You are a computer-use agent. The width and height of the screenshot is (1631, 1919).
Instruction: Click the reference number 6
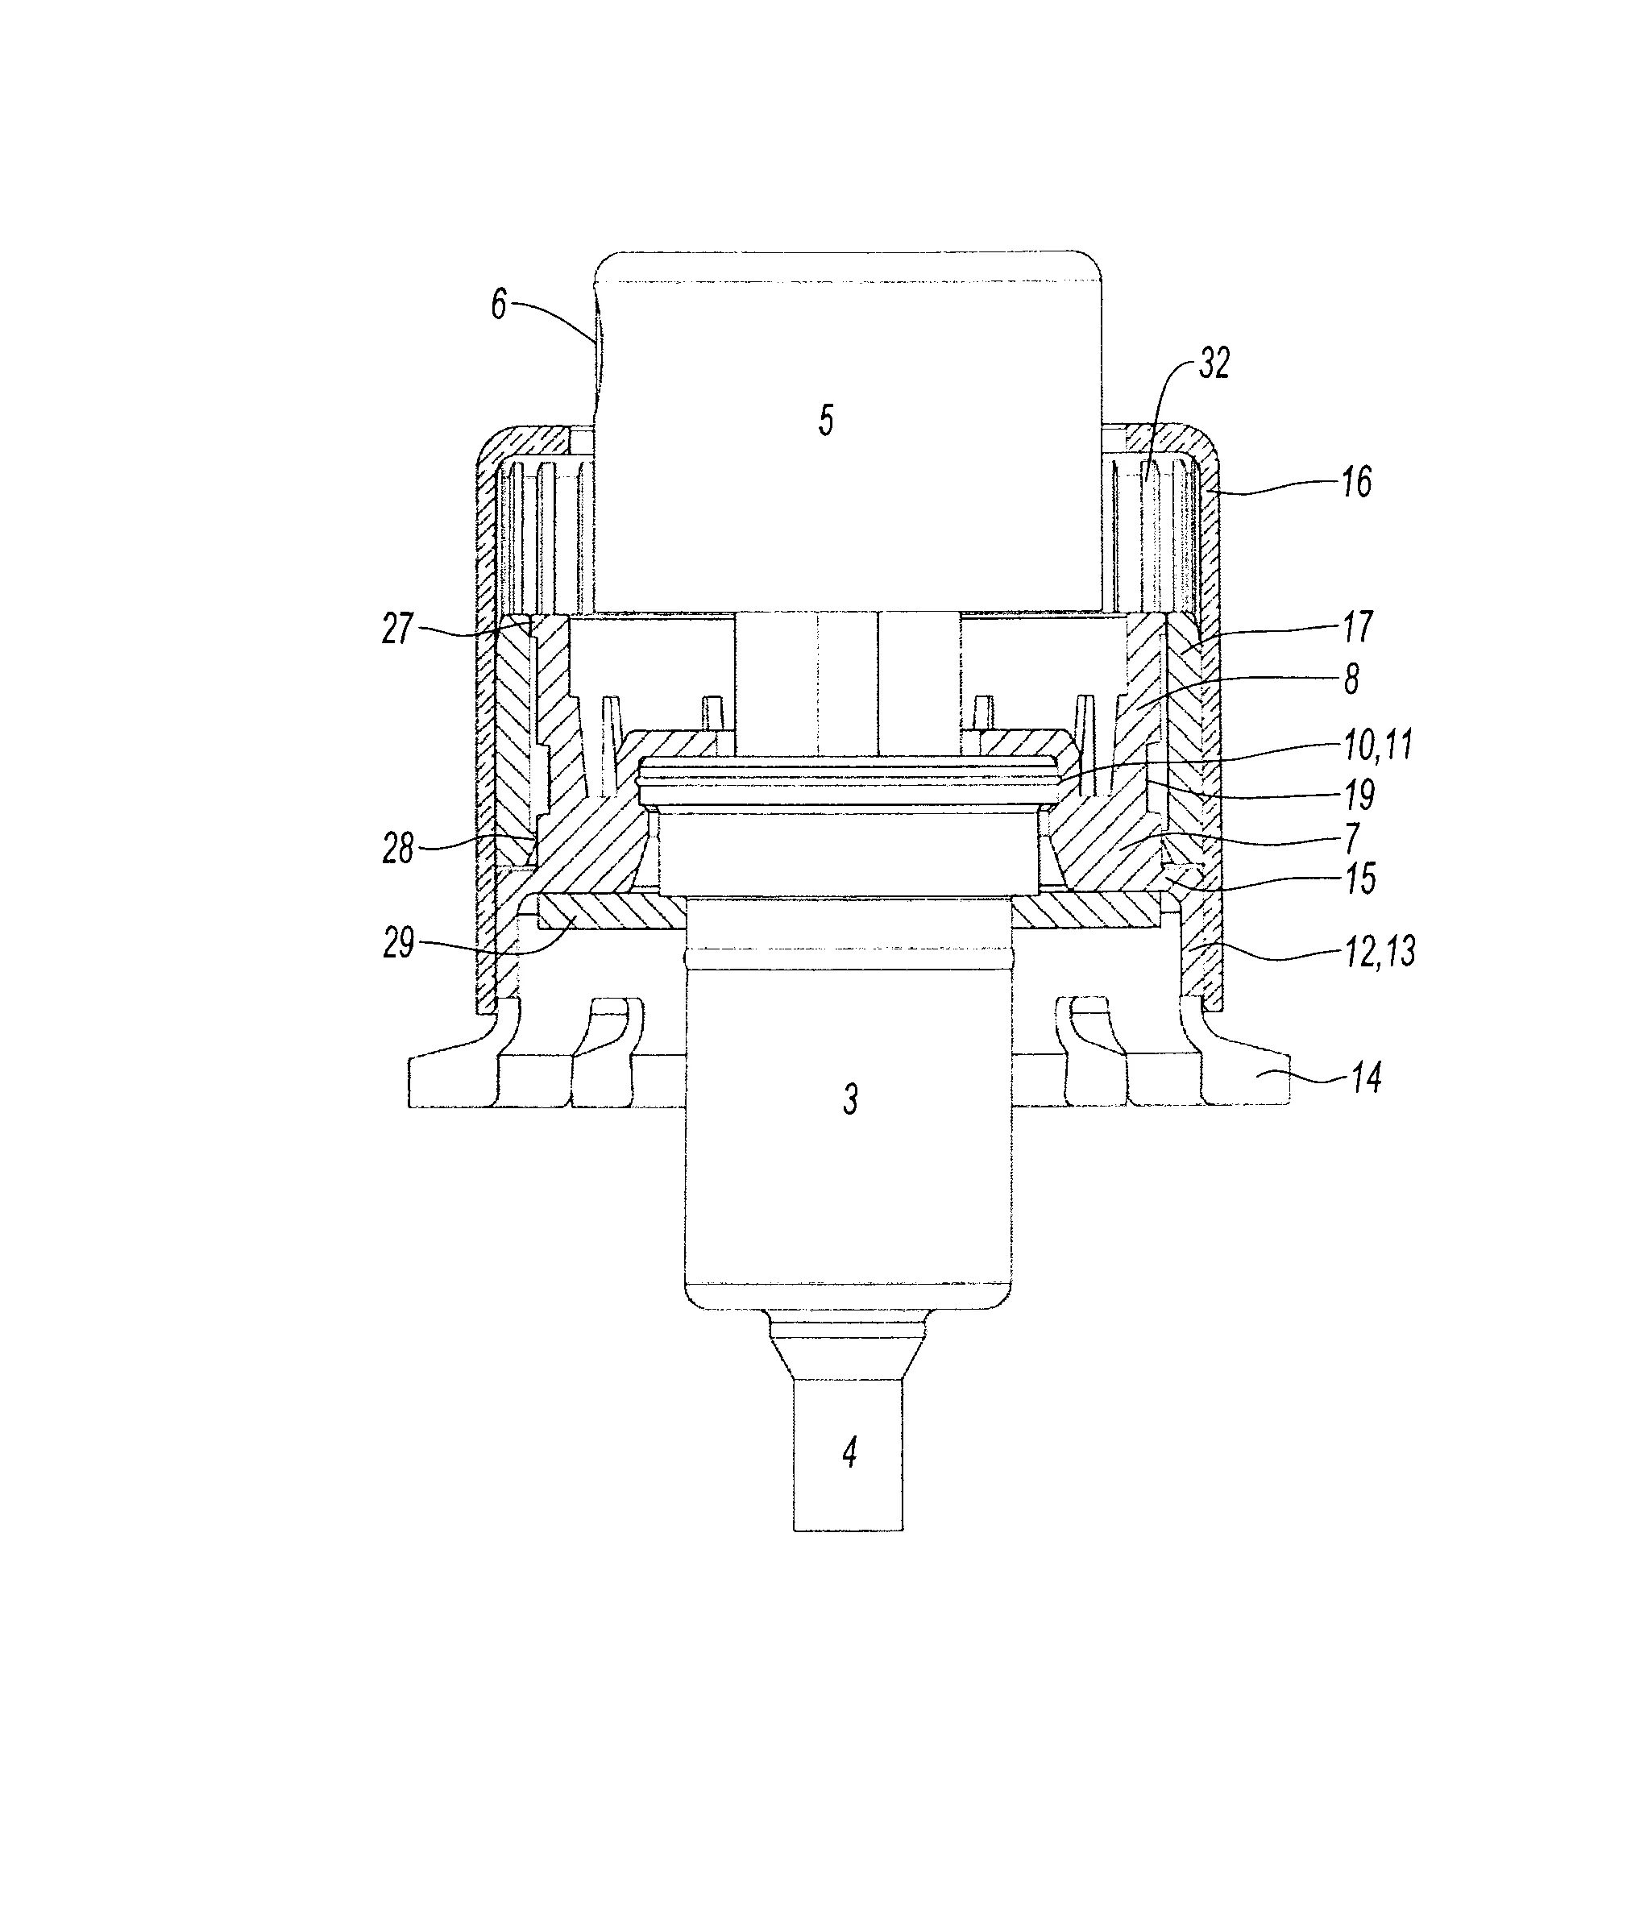click(x=500, y=305)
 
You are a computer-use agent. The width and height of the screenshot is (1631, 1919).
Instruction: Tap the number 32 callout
click(x=1214, y=364)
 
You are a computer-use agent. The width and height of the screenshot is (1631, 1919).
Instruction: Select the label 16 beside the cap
click(x=1356, y=482)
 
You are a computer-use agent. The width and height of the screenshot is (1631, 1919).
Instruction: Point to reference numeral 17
click(x=1357, y=627)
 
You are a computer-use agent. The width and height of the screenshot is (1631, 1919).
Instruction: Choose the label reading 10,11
click(x=1380, y=744)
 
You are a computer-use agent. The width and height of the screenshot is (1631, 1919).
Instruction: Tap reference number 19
click(x=1359, y=795)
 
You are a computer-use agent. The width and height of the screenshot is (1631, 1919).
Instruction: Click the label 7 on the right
click(x=1351, y=838)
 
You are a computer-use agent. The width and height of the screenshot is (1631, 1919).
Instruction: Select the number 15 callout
click(x=1359, y=879)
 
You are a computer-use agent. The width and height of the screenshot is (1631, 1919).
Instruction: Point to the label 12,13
click(x=1380, y=951)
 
